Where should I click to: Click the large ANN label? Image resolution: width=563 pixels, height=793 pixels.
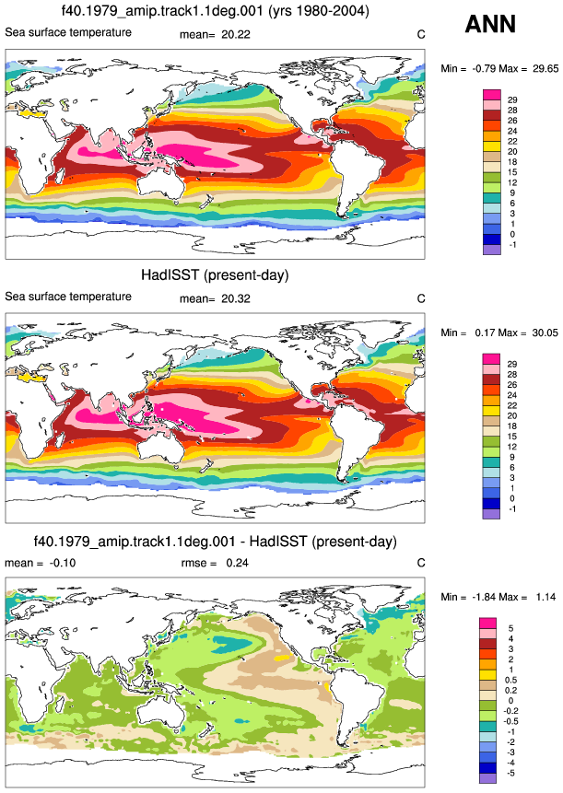coord(490,24)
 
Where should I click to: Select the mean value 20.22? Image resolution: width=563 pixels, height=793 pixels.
coord(236,34)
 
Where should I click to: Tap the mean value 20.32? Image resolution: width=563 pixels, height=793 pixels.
coord(236,298)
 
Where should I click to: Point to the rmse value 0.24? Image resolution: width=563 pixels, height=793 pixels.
coord(237,563)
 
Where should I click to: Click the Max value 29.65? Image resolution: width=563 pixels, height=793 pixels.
coord(545,68)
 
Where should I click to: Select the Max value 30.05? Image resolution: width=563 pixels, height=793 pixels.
coord(545,332)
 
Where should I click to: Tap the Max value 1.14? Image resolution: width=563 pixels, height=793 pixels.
coord(545,597)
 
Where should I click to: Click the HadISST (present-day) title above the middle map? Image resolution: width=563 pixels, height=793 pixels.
coord(215,275)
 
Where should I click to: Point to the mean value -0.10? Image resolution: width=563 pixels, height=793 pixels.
coord(63,563)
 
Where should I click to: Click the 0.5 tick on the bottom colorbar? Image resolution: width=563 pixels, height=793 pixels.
coord(510,680)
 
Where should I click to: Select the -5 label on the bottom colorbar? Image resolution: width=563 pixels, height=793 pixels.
coord(510,773)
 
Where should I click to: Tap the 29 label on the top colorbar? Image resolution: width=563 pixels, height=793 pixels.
coord(512,99)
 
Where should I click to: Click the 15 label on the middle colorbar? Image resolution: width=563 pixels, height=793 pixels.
coord(512,437)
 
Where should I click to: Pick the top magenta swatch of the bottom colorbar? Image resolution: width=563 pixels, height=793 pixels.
coord(487,623)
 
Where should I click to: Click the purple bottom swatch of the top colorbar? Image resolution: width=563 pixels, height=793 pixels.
coord(492,250)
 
